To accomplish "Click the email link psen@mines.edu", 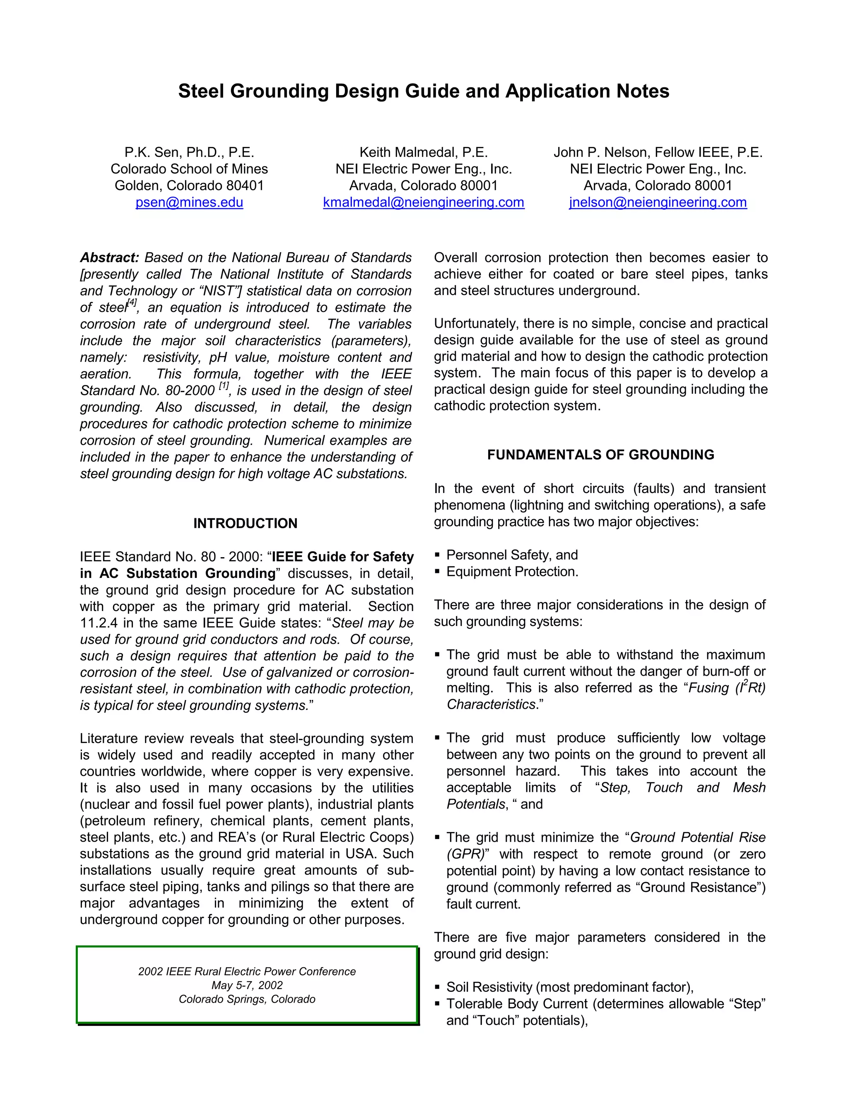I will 189,202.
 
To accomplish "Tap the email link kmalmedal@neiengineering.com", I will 424,202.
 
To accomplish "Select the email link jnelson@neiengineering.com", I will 658,202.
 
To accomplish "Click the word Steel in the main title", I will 200,91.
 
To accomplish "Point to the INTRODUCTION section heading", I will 245,523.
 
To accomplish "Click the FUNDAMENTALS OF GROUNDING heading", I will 600,455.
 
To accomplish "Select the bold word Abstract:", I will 109,257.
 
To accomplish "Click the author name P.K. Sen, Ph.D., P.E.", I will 189,152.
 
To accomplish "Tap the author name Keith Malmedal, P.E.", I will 424,152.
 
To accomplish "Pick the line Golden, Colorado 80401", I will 189,185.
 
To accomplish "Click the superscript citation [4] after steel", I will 132,302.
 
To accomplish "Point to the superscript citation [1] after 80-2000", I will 224,386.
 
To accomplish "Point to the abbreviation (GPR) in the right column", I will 465,854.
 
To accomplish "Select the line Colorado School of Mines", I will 189,169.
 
